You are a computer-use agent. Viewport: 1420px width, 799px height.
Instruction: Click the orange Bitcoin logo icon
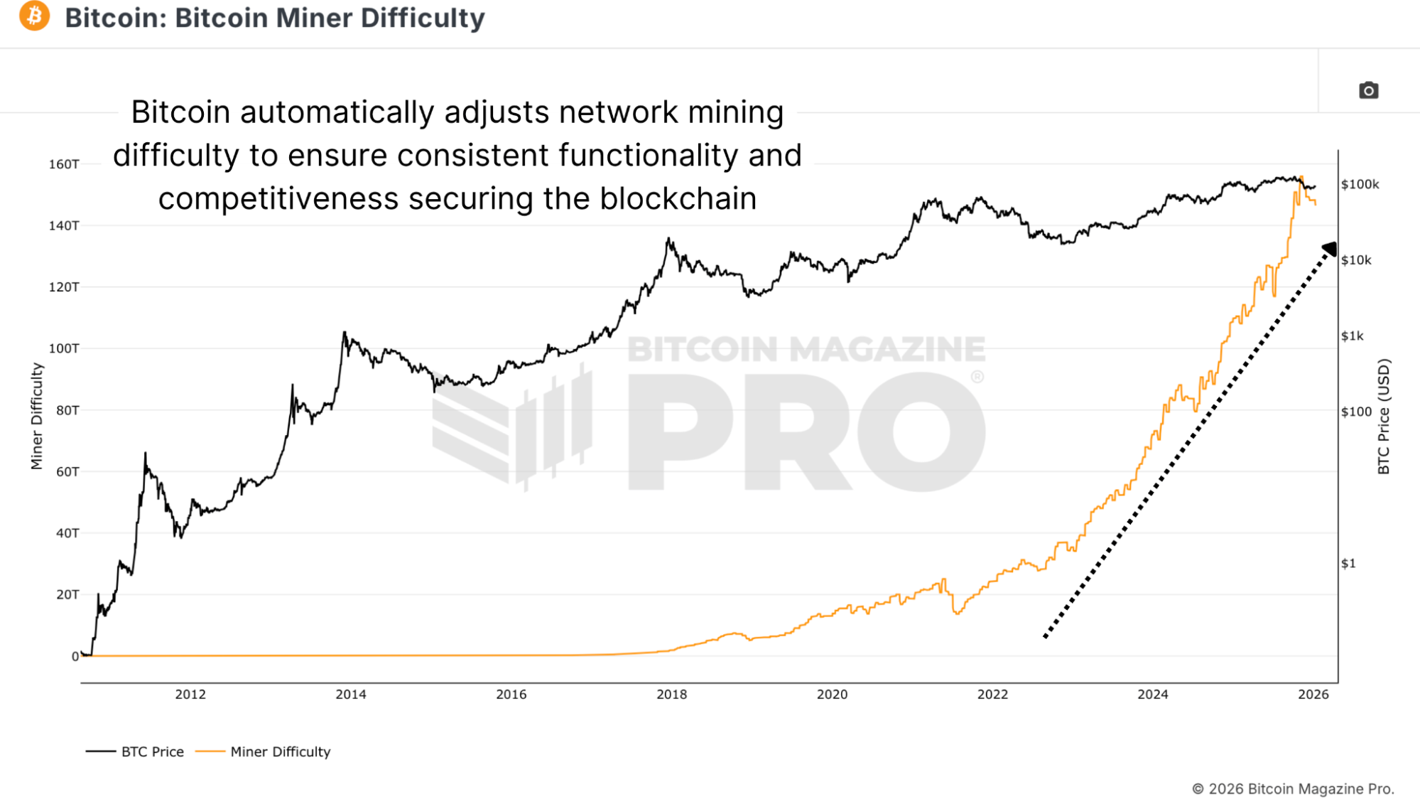[x=34, y=16]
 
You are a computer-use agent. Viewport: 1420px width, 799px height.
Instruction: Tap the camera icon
[x=1368, y=91]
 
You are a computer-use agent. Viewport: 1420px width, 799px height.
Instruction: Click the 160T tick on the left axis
[x=64, y=164]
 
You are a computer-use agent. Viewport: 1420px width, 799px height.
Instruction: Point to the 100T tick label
[x=64, y=348]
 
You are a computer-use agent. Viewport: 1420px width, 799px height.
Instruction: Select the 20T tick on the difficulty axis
[x=67, y=594]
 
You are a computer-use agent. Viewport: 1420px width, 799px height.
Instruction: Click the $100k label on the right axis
[x=1360, y=185]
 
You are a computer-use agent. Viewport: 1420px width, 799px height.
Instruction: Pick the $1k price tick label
[x=1352, y=336]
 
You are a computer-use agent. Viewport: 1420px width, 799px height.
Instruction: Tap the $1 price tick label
[x=1348, y=564]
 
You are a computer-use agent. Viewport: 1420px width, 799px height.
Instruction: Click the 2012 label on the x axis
[x=190, y=695]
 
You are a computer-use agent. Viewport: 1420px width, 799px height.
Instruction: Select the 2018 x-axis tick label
[x=671, y=695]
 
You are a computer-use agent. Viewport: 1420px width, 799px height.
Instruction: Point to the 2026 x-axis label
[x=1313, y=695]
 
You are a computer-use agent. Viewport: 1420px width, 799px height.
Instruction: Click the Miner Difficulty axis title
[x=37, y=417]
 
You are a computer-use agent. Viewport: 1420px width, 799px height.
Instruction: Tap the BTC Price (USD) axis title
[x=1383, y=417]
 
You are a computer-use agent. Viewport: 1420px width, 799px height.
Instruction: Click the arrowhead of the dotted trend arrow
[x=1329, y=249]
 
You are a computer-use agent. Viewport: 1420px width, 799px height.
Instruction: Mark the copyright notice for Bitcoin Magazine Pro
[x=1293, y=788]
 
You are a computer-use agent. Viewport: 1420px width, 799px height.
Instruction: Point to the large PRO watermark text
[x=806, y=431]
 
